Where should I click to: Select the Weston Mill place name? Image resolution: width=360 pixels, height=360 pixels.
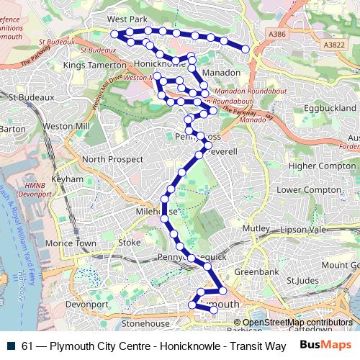66,126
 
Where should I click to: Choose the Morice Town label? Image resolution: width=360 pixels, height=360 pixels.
71,243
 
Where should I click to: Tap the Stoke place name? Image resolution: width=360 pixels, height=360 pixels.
130,243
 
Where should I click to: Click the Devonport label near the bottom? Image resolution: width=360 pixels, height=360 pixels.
86,305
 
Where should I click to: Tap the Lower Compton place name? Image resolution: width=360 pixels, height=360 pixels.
308,189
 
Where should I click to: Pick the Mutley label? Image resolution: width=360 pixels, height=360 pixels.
255,228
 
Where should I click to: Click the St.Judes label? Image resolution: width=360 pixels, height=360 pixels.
302,280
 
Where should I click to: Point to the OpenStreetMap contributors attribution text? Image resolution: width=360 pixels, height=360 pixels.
297,323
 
